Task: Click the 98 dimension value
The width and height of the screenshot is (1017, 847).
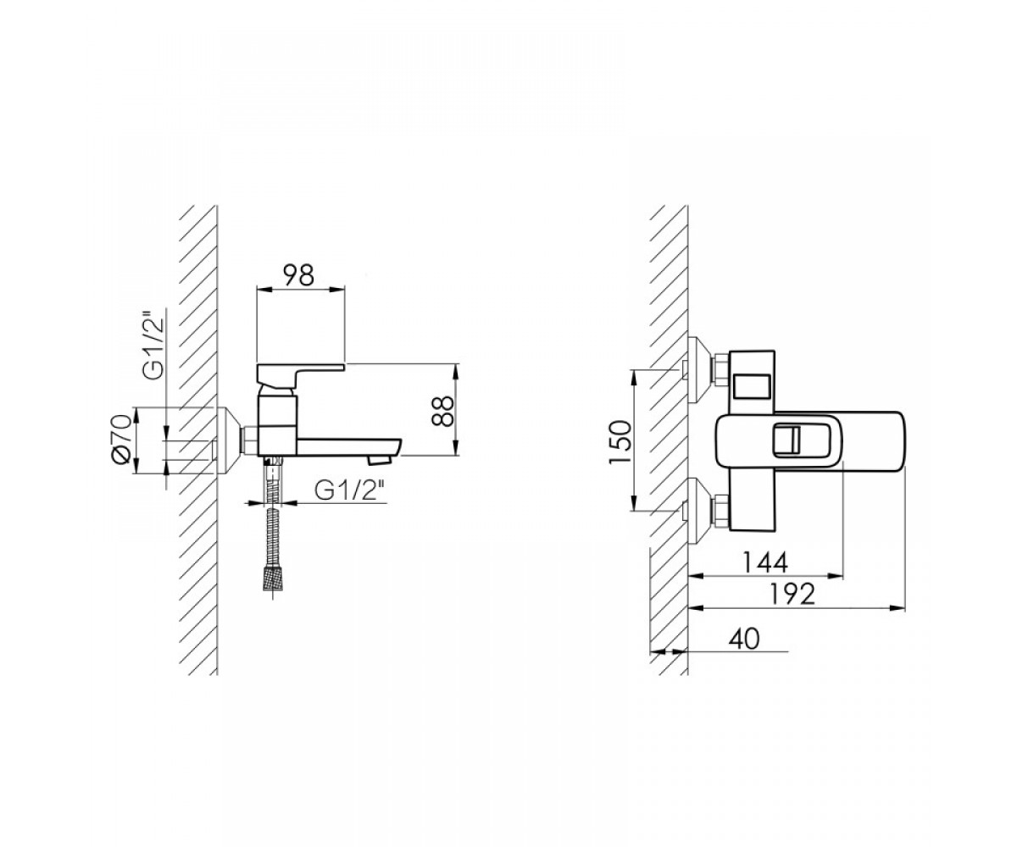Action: click(x=298, y=276)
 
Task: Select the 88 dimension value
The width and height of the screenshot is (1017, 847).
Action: click(x=442, y=410)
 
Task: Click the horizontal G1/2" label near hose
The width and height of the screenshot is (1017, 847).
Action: click(x=350, y=491)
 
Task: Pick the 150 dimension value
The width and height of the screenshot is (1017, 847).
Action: click(x=620, y=442)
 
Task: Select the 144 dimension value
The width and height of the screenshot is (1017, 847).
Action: click(x=764, y=563)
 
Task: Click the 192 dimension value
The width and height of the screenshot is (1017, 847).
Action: click(x=792, y=594)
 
